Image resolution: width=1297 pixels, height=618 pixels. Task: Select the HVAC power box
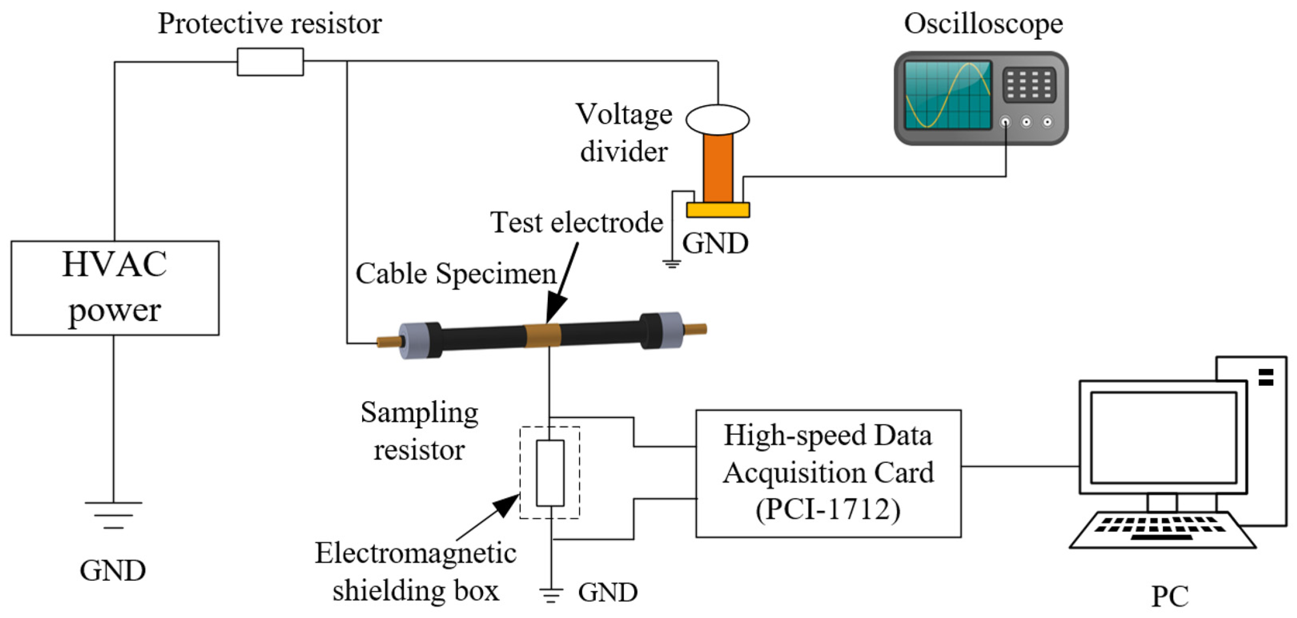pyautogui.click(x=115, y=288)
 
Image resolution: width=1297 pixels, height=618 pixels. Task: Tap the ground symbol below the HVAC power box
pyautogui.click(x=113, y=515)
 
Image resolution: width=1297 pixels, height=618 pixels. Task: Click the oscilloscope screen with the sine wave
pyautogui.click(x=947, y=95)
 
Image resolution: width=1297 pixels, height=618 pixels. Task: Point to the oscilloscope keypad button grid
pyautogui.click(x=1028, y=84)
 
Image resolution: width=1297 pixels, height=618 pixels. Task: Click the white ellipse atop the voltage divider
pyautogui.click(x=718, y=119)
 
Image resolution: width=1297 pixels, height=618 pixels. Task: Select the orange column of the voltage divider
pyautogui.click(x=718, y=168)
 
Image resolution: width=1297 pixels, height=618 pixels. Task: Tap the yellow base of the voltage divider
pyautogui.click(x=718, y=209)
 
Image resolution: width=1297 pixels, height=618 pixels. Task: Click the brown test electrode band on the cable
pyautogui.click(x=543, y=335)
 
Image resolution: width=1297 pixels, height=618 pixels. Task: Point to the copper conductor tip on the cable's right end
pyautogui.click(x=696, y=329)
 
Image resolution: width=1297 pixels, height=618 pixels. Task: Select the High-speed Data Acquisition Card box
pyautogui.click(x=828, y=473)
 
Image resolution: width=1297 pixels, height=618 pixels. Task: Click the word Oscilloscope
pyautogui.click(x=983, y=23)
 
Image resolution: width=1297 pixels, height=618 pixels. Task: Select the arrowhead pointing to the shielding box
pyautogui.click(x=507, y=504)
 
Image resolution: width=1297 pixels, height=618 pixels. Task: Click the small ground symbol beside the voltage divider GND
pyautogui.click(x=672, y=263)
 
